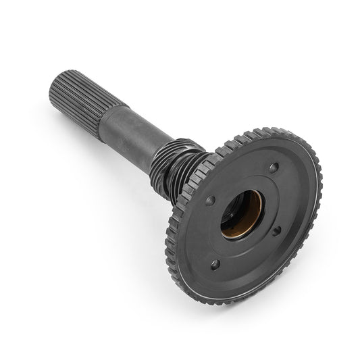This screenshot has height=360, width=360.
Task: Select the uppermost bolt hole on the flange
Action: tap(273, 167)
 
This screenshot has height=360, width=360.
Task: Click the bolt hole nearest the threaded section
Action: tap(210, 201)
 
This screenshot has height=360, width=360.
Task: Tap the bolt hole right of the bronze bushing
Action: tap(276, 231)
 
